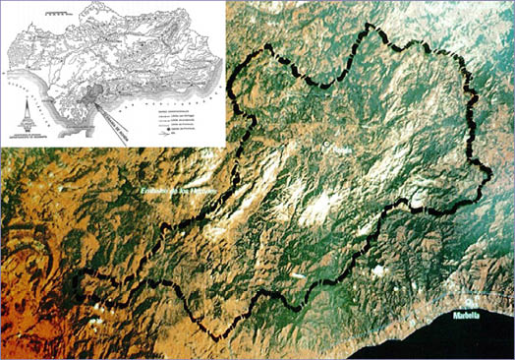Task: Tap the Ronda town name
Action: click(x=341, y=147)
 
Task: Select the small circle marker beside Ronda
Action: click(x=328, y=147)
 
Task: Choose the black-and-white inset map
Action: click(x=114, y=74)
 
